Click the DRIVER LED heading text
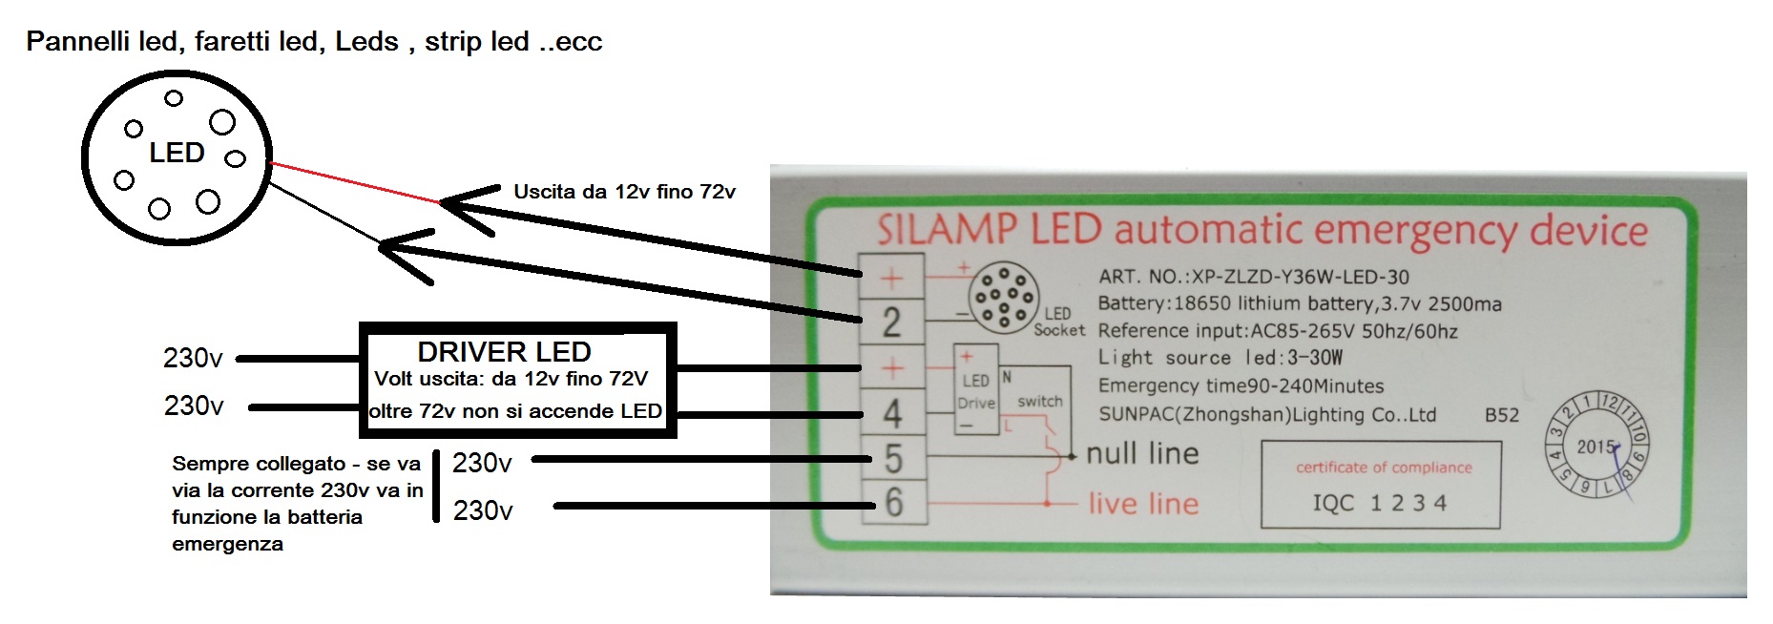click(504, 351)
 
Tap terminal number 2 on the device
click(891, 322)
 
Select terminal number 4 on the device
click(892, 413)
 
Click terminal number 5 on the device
click(893, 459)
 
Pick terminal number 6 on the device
click(893, 502)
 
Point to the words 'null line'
click(1142, 453)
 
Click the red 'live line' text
click(1143, 503)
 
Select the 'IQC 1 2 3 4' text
click(1379, 503)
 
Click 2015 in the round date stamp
click(1596, 447)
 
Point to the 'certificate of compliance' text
click(1383, 468)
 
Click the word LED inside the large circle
click(177, 153)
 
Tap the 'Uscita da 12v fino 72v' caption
click(624, 192)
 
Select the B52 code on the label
click(1501, 415)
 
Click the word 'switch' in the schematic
click(1039, 402)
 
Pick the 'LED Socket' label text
click(1058, 322)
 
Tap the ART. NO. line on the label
click(1253, 278)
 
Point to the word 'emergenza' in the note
click(227, 544)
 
